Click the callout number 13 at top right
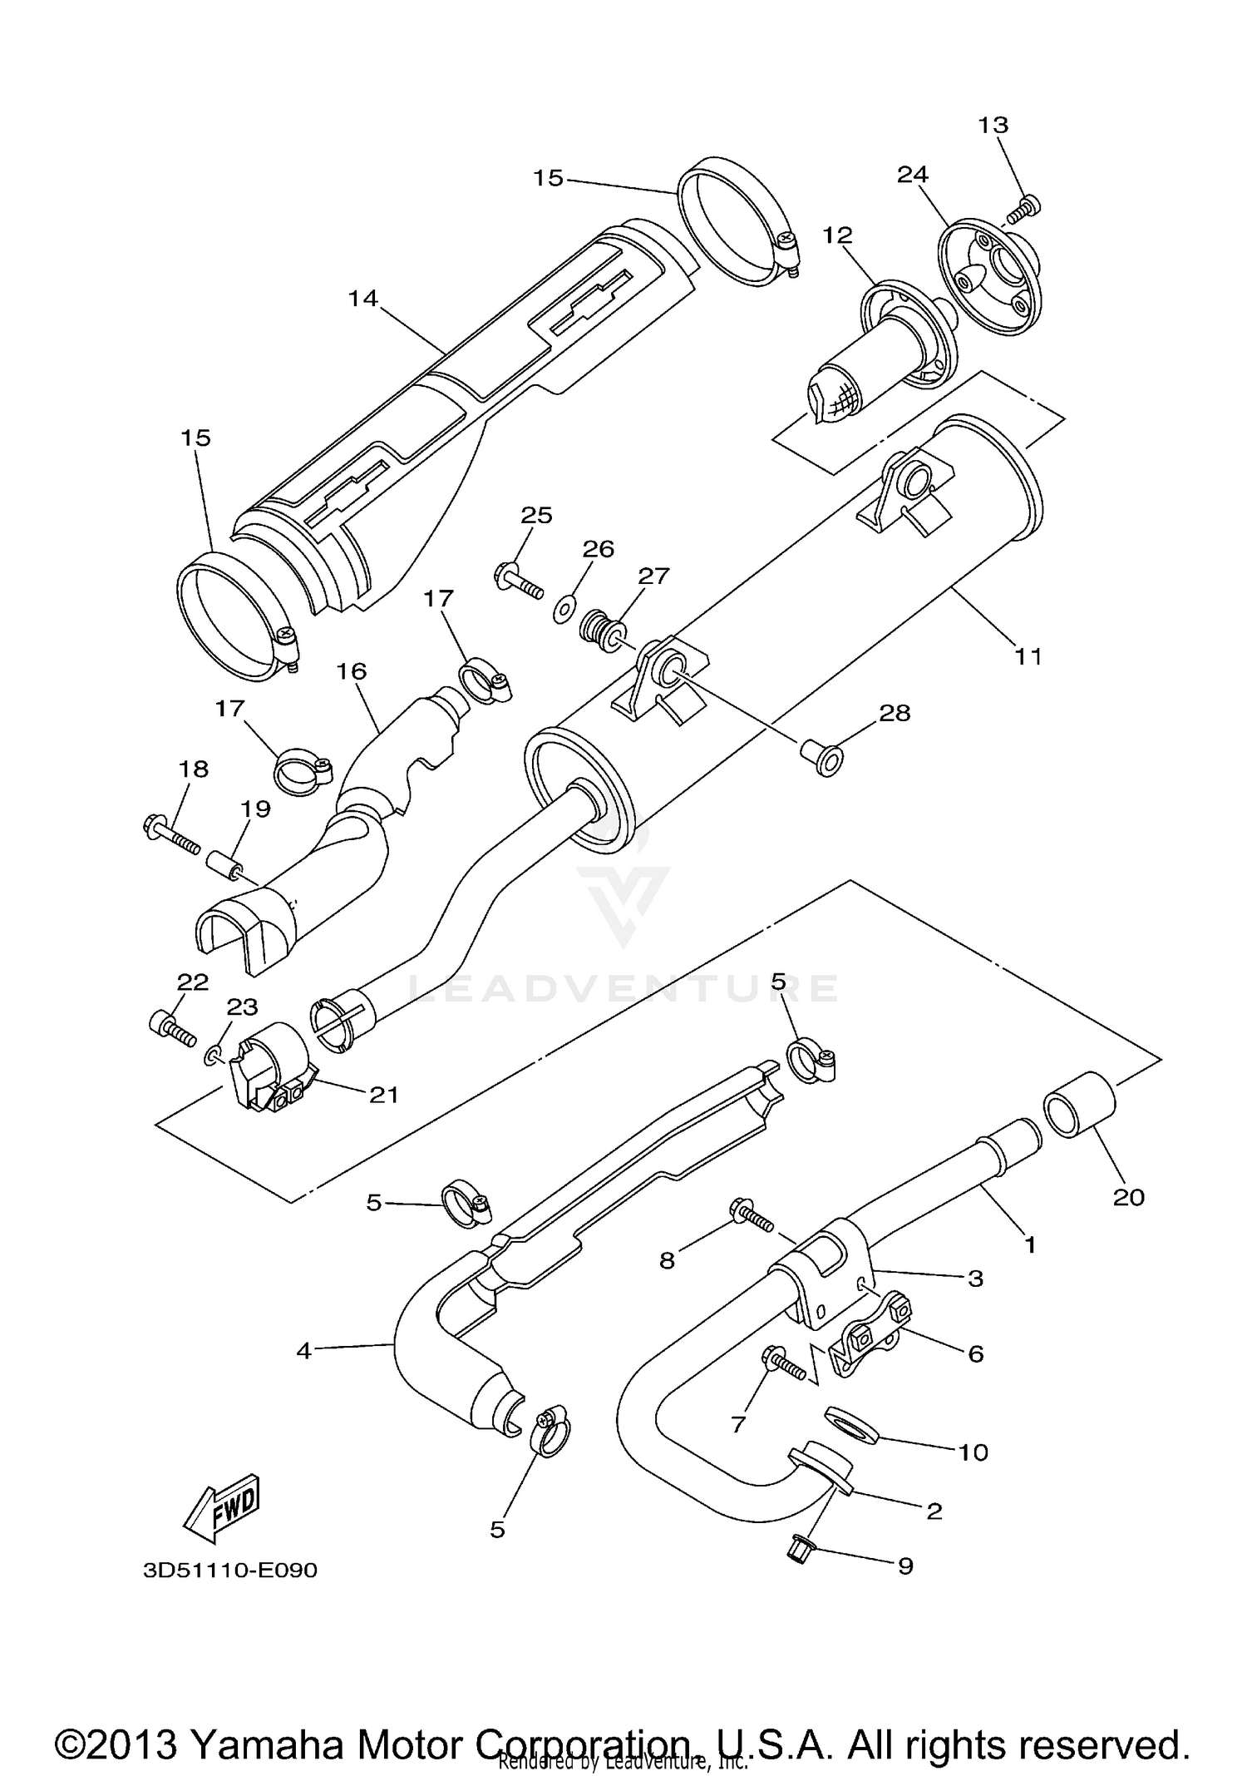[x=993, y=125]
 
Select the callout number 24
[x=912, y=175]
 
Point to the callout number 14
[x=362, y=298]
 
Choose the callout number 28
[x=895, y=713]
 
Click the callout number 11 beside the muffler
[x=1028, y=656]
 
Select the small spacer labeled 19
[x=226, y=863]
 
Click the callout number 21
[x=384, y=1095]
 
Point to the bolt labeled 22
[x=173, y=1028]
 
